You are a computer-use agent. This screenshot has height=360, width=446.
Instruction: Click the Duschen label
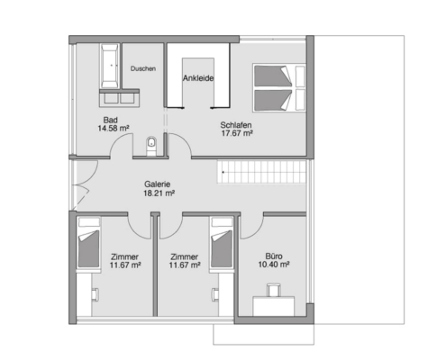click(x=143, y=68)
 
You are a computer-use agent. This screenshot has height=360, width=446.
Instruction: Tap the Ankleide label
click(x=198, y=78)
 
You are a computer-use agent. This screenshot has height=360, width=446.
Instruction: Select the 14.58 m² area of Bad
click(x=114, y=129)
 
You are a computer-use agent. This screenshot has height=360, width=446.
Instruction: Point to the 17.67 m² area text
click(x=237, y=133)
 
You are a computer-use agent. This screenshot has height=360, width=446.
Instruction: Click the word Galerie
click(x=158, y=184)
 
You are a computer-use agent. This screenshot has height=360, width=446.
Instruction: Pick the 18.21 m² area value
click(x=159, y=193)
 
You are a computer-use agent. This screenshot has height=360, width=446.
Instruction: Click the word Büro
click(x=274, y=256)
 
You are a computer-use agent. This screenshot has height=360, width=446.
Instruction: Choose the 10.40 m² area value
click(x=274, y=265)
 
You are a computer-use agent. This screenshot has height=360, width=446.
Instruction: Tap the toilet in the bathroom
click(x=151, y=146)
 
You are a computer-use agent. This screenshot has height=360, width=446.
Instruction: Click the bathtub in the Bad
click(x=109, y=66)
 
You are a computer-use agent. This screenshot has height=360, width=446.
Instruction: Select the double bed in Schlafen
click(x=279, y=88)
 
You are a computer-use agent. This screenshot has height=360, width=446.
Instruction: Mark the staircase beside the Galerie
click(x=261, y=172)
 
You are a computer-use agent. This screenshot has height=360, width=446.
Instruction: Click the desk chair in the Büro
click(x=274, y=290)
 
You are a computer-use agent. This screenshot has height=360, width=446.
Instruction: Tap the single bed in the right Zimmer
click(x=222, y=243)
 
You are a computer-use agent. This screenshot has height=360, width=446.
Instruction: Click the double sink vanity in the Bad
click(x=119, y=98)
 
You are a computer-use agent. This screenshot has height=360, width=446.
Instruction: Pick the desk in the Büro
click(x=274, y=306)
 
